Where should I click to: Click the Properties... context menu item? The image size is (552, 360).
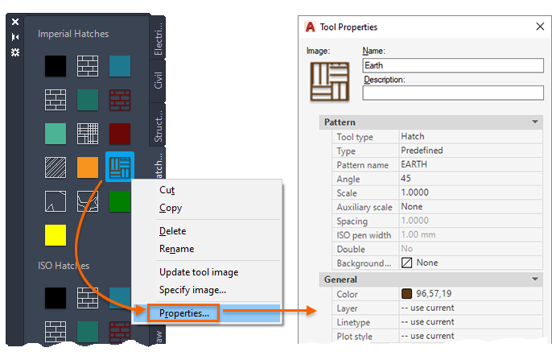184,313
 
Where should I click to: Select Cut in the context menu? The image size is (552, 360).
167,190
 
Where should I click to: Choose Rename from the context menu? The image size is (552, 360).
176,249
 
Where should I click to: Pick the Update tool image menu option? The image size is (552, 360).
198,272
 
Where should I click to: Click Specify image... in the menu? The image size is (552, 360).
192,289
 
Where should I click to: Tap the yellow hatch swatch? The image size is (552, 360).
55,235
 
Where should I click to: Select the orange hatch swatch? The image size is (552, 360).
87,168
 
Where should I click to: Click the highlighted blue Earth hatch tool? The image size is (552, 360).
120,168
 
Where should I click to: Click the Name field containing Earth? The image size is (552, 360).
452,65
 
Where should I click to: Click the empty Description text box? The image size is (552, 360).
452,93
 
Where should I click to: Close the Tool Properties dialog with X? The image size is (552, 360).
539,27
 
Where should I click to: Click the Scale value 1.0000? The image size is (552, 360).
414,193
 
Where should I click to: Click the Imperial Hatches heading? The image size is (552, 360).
73,34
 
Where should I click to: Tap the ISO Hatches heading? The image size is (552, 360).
64,265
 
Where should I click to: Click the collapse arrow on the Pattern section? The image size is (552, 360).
534,122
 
